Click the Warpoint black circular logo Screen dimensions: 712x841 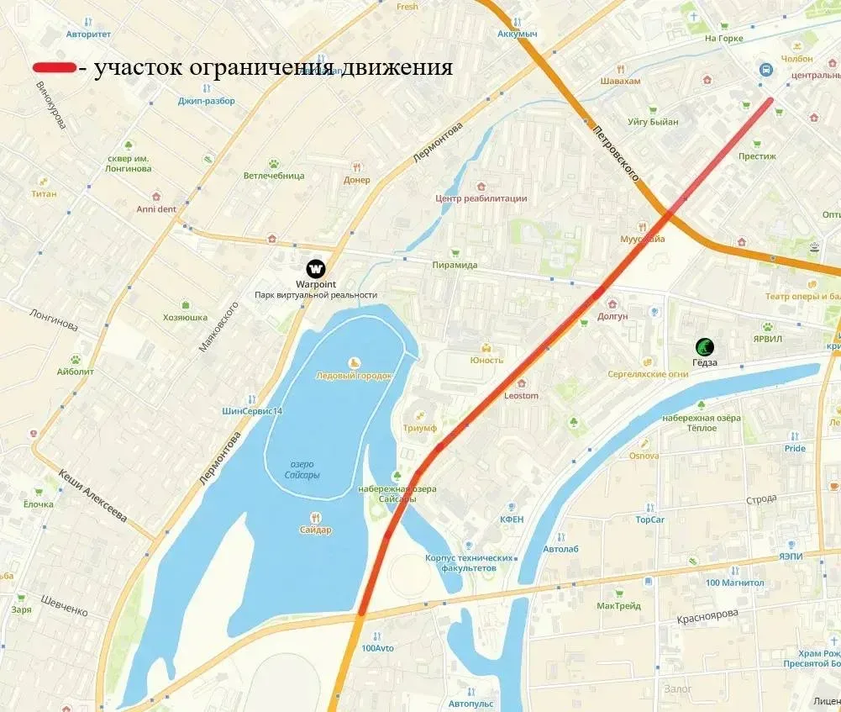coord(316,268)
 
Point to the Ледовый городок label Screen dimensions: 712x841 coord(353,376)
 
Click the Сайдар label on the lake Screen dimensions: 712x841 coord(315,530)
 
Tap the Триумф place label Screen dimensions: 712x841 coord(420,428)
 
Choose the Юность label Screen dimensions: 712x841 coord(486,361)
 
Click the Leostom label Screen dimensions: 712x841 coord(521,395)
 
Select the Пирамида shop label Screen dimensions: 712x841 coord(455,265)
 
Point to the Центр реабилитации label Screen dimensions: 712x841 coord(481,198)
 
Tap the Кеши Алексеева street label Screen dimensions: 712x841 coord(92,496)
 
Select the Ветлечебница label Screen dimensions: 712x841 coord(274,176)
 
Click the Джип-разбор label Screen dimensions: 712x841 coord(207,101)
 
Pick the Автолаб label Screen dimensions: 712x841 coord(560,549)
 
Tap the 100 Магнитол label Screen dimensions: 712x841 coord(734,583)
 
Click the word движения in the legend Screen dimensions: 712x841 coord(396,68)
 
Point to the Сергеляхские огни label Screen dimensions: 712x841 coord(648,374)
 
